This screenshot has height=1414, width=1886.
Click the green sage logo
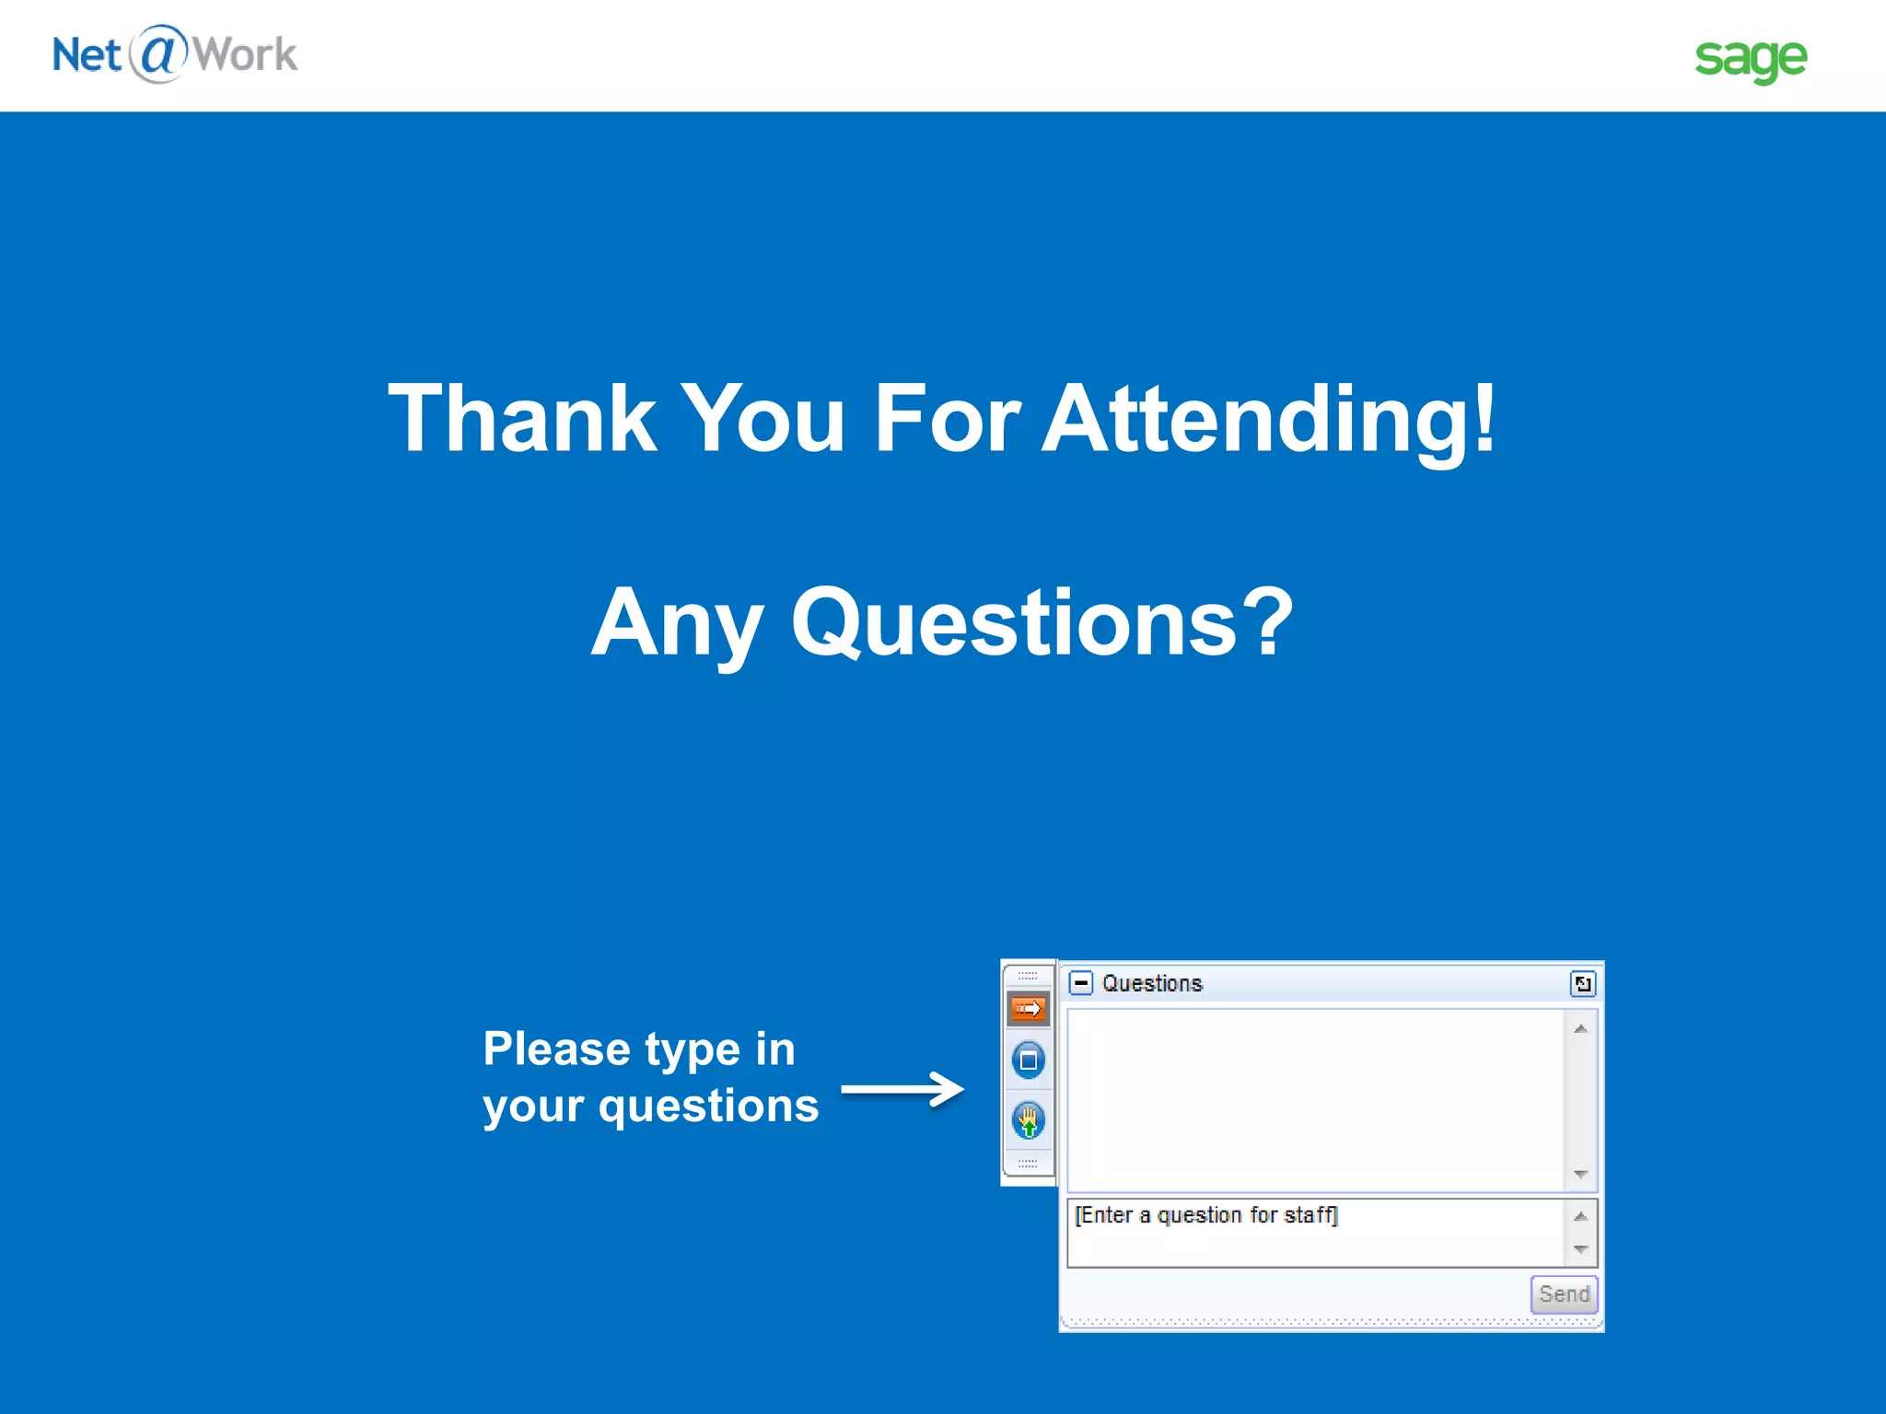1751,59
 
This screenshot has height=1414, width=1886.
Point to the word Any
677,624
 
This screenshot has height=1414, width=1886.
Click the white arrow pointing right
902,1090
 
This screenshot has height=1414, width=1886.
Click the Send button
1564,1294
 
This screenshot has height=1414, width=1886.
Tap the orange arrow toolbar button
1028,1009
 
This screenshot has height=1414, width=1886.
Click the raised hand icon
1028,1121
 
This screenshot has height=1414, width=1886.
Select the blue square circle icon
1028,1060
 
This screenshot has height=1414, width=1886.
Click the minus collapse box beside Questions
1081,983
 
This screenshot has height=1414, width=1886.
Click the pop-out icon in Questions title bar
1582,984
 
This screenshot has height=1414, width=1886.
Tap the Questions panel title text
1152,983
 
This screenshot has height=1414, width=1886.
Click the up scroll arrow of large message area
1580,1029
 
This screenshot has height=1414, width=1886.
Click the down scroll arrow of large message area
1580,1174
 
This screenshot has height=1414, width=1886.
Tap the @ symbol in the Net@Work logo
158,53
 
